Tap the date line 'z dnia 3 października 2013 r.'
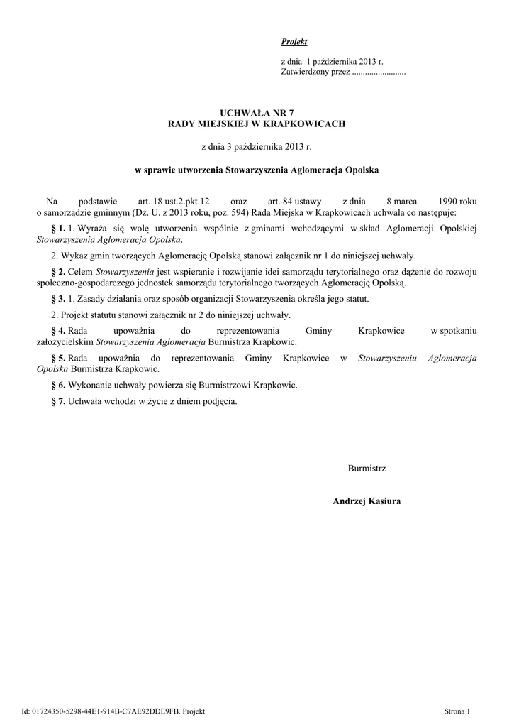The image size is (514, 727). click(257, 147)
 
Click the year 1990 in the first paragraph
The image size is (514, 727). click(447, 202)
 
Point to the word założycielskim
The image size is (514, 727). click(65, 341)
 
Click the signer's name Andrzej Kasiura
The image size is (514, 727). click(367, 501)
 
